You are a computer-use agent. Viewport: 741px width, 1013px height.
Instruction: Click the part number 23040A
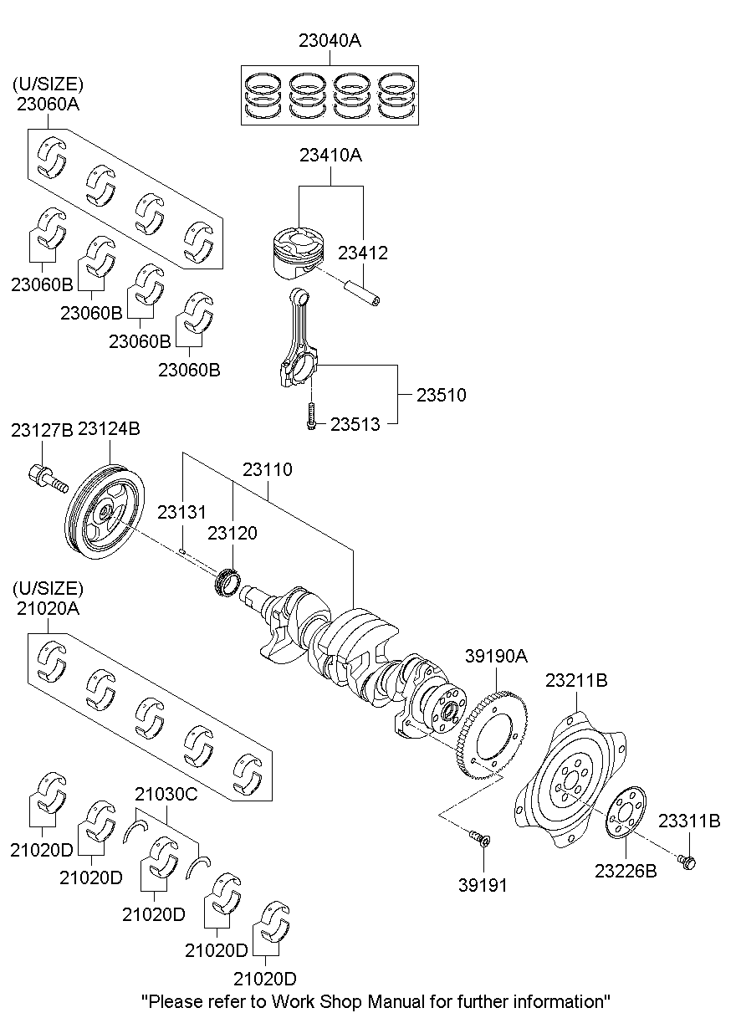(330, 40)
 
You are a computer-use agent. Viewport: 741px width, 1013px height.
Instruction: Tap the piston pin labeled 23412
(365, 293)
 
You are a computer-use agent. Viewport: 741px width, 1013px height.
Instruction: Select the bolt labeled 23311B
(687, 862)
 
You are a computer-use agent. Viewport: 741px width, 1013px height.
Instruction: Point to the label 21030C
(166, 794)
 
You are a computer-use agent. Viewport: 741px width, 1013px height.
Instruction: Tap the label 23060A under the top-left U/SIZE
(47, 104)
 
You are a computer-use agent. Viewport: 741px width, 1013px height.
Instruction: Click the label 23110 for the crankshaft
(268, 470)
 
